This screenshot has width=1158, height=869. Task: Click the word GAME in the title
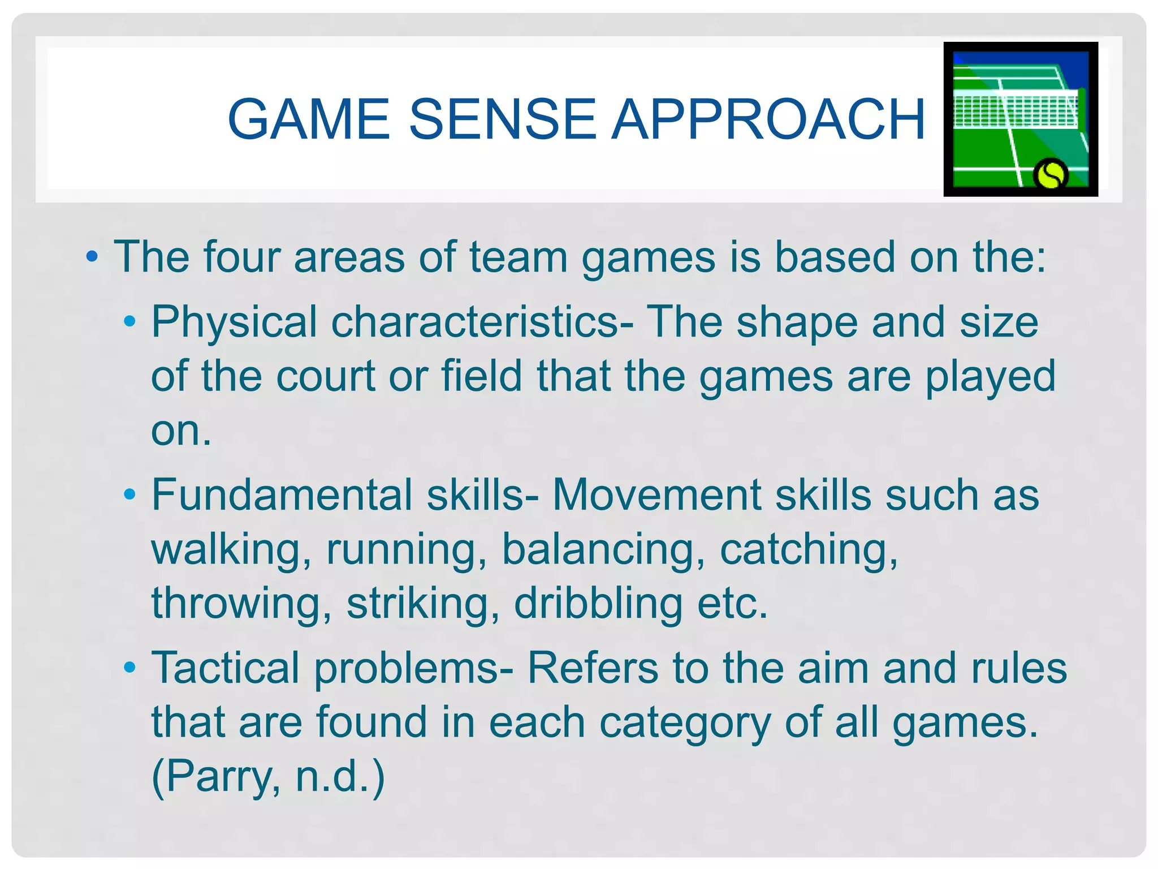(x=309, y=119)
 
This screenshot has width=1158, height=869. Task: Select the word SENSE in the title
(x=502, y=119)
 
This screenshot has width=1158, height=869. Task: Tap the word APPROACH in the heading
(x=769, y=119)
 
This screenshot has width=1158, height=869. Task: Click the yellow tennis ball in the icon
(x=1050, y=174)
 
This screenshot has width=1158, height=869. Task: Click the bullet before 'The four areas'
(x=92, y=258)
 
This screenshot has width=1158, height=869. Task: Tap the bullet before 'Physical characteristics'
(x=130, y=322)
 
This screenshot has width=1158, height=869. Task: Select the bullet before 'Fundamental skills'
(x=130, y=495)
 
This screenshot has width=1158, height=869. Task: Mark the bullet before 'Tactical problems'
(x=130, y=668)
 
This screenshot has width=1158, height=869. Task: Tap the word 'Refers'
(x=593, y=668)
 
